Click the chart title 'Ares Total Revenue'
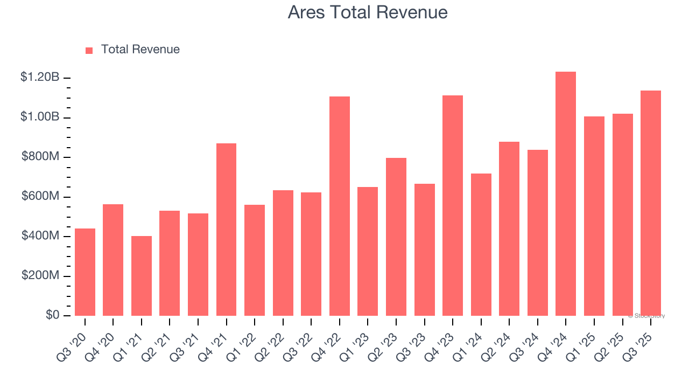pyautogui.click(x=368, y=12)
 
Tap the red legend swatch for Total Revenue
pyautogui.click(x=89, y=50)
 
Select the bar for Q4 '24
pyautogui.click(x=566, y=194)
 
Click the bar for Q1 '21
pyautogui.click(x=142, y=276)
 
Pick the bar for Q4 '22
pyautogui.click(x=340, y=206)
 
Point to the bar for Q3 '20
pyautogui.click(x=85, y=272)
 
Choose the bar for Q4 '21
pyautogui.click(x=226, y=230)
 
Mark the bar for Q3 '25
pyautogui.click(x=651, y=203)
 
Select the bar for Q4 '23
pyautogui.click(x=453, y=206)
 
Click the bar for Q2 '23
pyautogui.click(x=396, y=237)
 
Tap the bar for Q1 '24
pyautogui.click(x=481, y=245)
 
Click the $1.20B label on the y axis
pyautogui.click(x=40, y=78)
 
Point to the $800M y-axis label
pyautogui.click(x=40, y=157)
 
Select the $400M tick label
pyautogui.click(x=40, y=236)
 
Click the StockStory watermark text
pyautogui.click(x=646, y=316)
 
